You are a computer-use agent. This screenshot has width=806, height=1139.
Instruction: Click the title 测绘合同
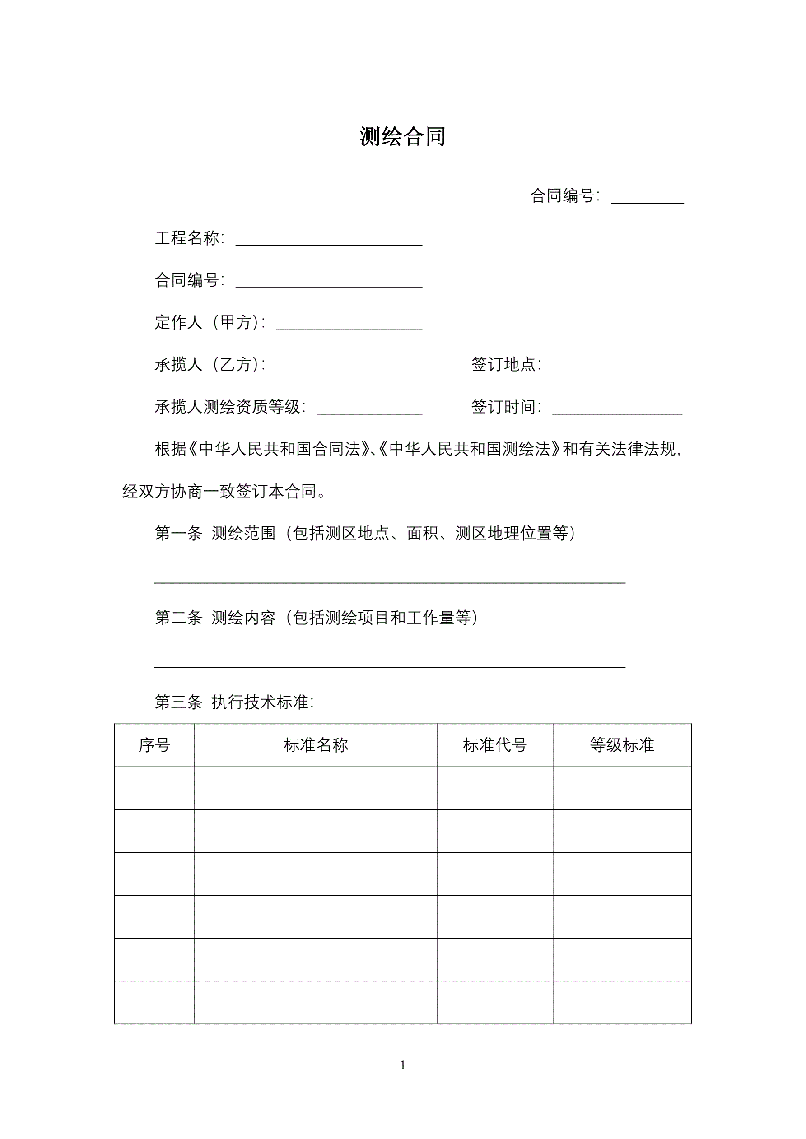402,137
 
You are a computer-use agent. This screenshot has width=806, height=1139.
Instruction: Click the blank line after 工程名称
329,240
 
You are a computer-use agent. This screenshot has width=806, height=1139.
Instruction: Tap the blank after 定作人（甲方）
349,325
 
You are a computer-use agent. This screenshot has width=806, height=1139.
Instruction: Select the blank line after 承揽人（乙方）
349,367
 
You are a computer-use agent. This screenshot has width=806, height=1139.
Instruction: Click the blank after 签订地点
617,367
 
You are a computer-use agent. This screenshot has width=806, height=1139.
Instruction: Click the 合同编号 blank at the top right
647,198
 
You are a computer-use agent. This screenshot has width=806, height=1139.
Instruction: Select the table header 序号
154,744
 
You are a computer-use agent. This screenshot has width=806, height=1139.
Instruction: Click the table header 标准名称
316,744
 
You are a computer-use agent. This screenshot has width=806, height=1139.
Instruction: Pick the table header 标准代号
495,744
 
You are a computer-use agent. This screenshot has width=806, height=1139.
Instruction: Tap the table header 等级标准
622,744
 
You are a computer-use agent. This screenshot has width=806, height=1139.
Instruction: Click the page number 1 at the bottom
403,1065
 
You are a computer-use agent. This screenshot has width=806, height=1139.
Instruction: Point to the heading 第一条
179,533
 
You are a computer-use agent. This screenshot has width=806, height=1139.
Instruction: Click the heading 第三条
179,702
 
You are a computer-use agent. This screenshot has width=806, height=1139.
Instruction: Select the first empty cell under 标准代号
495,788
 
